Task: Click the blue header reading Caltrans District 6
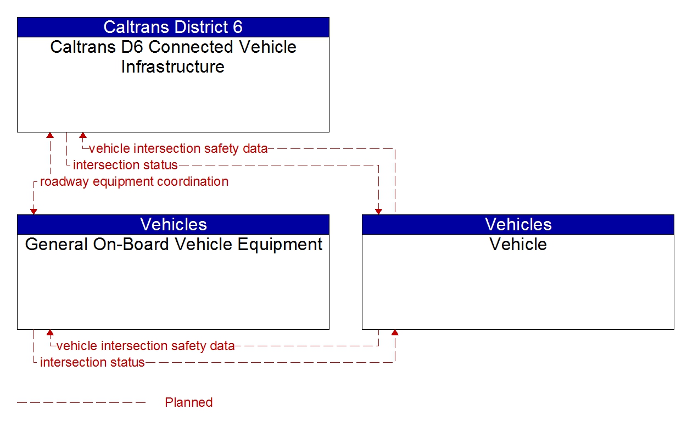[x=173, y=27]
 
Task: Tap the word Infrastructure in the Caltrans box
[x=173, y=67]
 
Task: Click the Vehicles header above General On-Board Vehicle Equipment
[x=173, y=224]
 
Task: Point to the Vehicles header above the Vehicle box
[x=518, y=224]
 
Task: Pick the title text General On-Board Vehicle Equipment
[x=173, y=244]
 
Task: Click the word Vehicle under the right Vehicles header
[x=518, y=244]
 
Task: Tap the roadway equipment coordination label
[x=134, y=181]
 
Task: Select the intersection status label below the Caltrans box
[x=125, y=165]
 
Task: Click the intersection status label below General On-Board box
[x=92, y=362]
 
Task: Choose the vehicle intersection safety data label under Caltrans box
[x=178, y=148]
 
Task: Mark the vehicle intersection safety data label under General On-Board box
[x=146, y=346]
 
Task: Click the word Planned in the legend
[x=188, y=402]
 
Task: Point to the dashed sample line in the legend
[x=81, y=403]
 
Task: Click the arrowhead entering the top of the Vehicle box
[x=378, y=212]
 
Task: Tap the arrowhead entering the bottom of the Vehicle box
[x=395, y=333]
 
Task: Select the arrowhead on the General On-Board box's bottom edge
[x=50, y=333]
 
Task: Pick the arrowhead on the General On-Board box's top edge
[x=33, y=212]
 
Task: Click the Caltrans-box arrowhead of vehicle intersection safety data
[x=83, y=135]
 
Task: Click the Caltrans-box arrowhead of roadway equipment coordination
[x=50, y=135]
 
